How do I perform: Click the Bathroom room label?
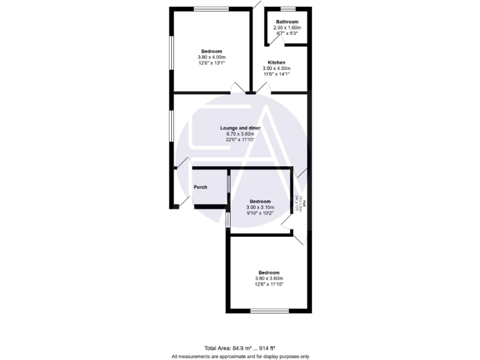tap(287, 22)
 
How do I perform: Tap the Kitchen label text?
tap(276, 63)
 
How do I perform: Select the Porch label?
tap(200, 187)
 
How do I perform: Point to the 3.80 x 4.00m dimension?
tap(211, 57)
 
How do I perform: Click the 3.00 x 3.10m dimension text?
tap(260, 207)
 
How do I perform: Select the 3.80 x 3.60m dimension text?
tap(269, 279)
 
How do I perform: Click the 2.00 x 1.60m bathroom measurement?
tap(287, 27)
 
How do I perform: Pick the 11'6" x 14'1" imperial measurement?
tap(276, 74)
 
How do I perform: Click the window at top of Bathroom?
tap(287, 8)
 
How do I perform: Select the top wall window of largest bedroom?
tap(211, 8)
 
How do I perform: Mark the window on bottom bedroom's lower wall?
tap(269, 311)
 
